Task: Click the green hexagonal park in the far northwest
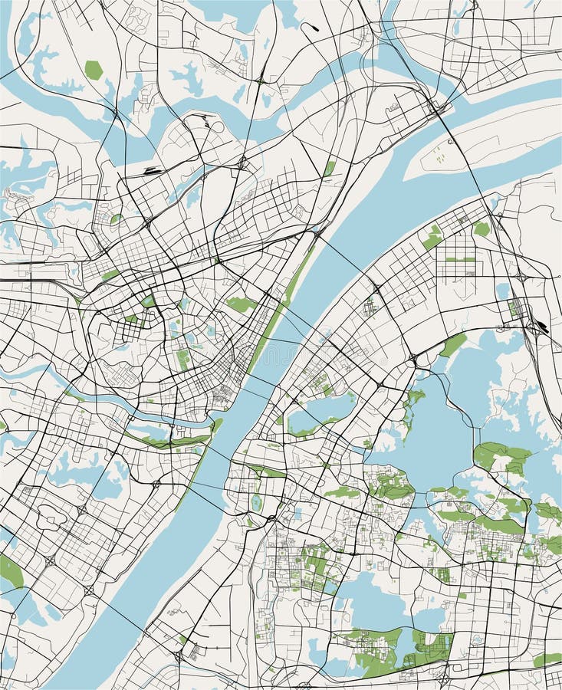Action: pyautogui.click(x=94, y=70)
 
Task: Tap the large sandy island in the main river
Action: pyautogui.click(x=483, y=146)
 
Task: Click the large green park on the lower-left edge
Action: pyautogui.click(x=10, y=572)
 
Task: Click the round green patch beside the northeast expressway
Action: pyautogui.click(x=481, y=228)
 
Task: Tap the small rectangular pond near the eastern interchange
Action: pyautogui.click(x=503, y=291)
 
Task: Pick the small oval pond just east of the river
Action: pyautogui.click(x=256, y=502)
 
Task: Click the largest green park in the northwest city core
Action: pyautogui.click(x=240, y=304)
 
